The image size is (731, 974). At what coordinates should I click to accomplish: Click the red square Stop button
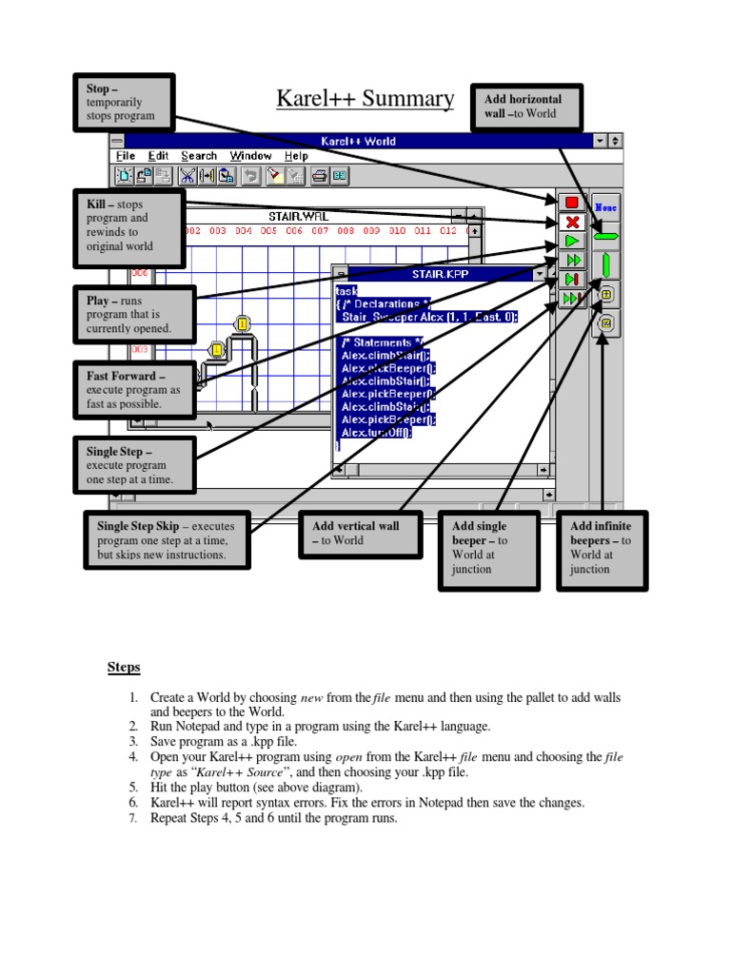coord(572,203)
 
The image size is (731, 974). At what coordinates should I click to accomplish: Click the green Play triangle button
coord(572,242)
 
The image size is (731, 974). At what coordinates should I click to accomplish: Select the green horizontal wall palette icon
coord(606,235)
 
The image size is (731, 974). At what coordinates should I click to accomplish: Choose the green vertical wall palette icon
coord(606,264)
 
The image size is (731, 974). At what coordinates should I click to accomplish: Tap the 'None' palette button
coord(606,206)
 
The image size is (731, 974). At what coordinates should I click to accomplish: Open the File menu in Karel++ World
coord(126,156)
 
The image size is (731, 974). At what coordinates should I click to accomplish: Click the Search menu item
coord(199,156)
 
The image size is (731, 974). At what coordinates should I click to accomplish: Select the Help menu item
coord(296,156)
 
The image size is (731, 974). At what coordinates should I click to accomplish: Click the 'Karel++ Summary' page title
coord(365,99)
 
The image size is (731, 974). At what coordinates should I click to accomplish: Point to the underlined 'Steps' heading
coord(124,668)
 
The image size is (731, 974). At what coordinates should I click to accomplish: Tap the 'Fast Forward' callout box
coord(134,390)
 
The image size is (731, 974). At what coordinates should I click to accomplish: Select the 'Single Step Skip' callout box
coord(168,540)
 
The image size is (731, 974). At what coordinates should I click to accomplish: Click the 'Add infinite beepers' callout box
coord(601,548)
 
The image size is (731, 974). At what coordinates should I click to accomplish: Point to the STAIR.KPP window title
coord(440,274)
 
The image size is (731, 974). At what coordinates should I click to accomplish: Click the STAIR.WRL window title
coord(298,217)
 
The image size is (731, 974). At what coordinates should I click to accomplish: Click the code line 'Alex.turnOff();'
coord(376,432)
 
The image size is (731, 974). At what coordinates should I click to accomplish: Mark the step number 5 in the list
coord(133,788)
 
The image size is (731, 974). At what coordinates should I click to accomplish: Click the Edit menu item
coord(158,156)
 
